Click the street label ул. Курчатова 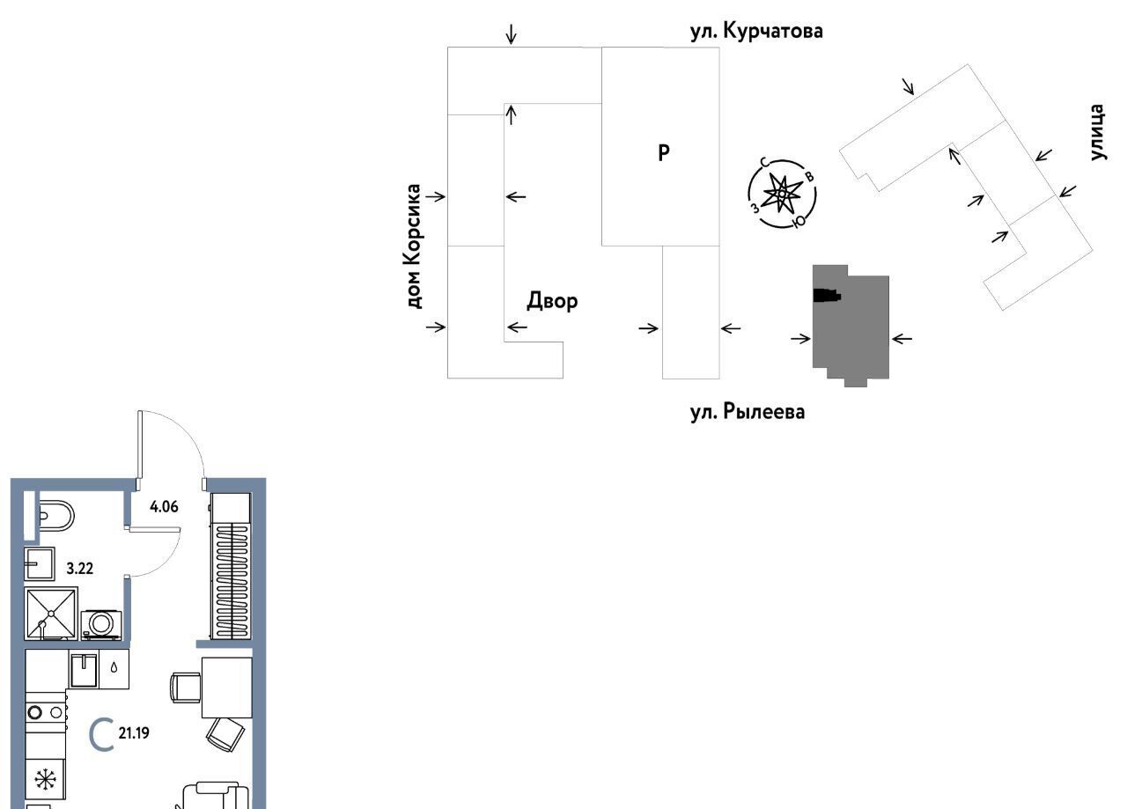pos(756,32)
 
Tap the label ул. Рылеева pos(748,410)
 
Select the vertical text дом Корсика pos(414,246)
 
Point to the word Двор pos(552,301)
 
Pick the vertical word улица pos(1096,132)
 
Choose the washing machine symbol pos(100,623)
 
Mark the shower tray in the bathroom pos(51,613)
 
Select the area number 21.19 pos(134,733)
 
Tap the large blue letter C pos(103,735)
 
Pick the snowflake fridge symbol pos(42,780)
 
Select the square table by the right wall pos(227,688)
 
